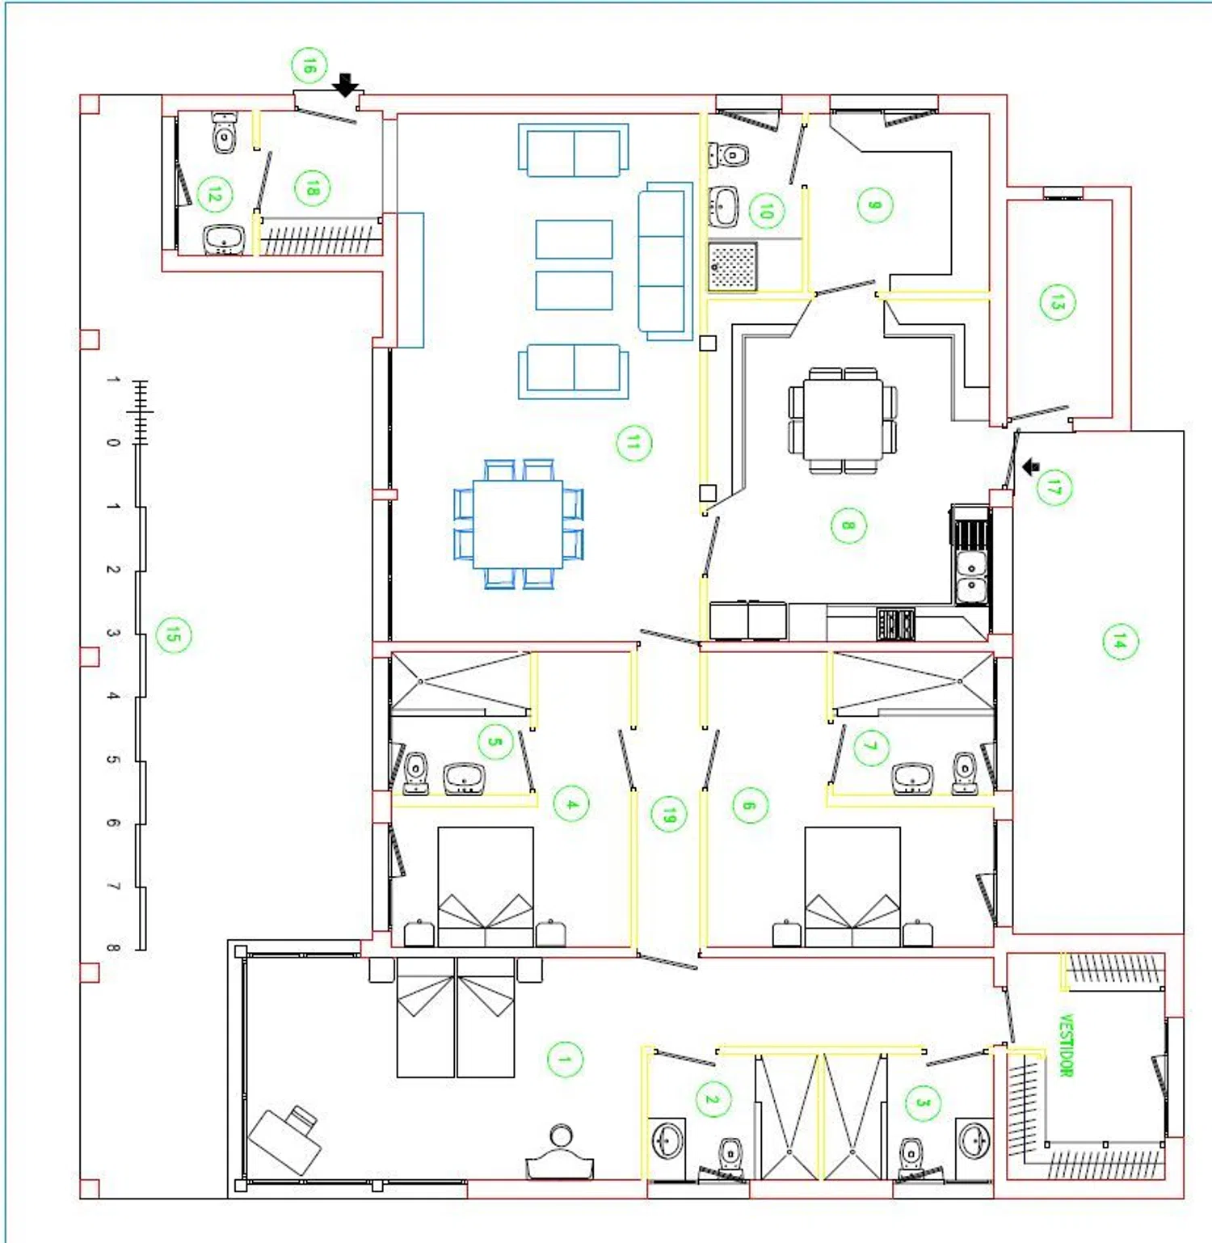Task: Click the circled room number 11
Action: [x=633, y=443]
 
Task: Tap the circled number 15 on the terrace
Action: [x=174, y=634]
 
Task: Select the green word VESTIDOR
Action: [x=1067, y=1045]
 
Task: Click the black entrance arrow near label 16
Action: [x=346, y=85]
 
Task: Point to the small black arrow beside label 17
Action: [x=1031, y=467]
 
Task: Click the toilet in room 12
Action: [x=225, y=133]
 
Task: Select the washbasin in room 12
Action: [x=225, y=239]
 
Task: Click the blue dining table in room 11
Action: [x=518, y=525]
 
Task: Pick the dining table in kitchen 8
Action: [x=843, y=419]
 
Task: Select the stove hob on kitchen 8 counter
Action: [x=896, y=623]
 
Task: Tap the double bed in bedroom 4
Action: [x=486, y=887]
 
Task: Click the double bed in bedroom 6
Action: [x=852, y=887]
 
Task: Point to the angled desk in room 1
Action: [x=284, y=1140]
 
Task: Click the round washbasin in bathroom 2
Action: [x=667, y=1142]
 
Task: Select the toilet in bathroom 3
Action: [x=911, y=1154]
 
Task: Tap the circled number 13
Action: [x=1058, y=302]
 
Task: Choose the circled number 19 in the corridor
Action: [x=669, y=815]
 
